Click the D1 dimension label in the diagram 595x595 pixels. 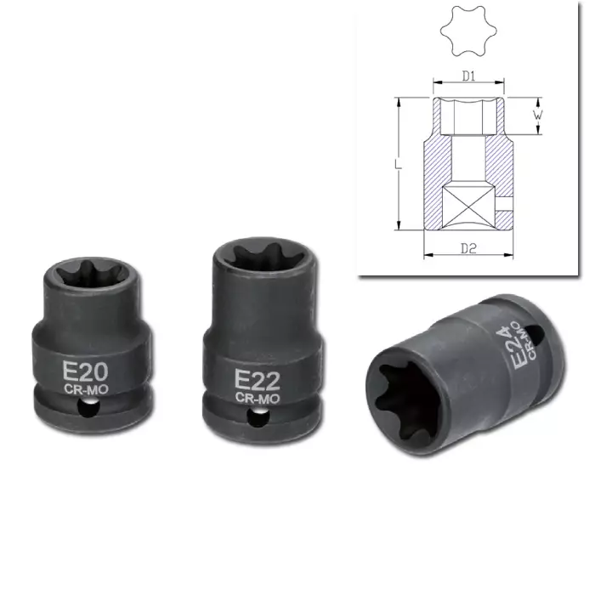[x=467, y=76]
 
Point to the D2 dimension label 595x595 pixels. [x=467, y=248]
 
